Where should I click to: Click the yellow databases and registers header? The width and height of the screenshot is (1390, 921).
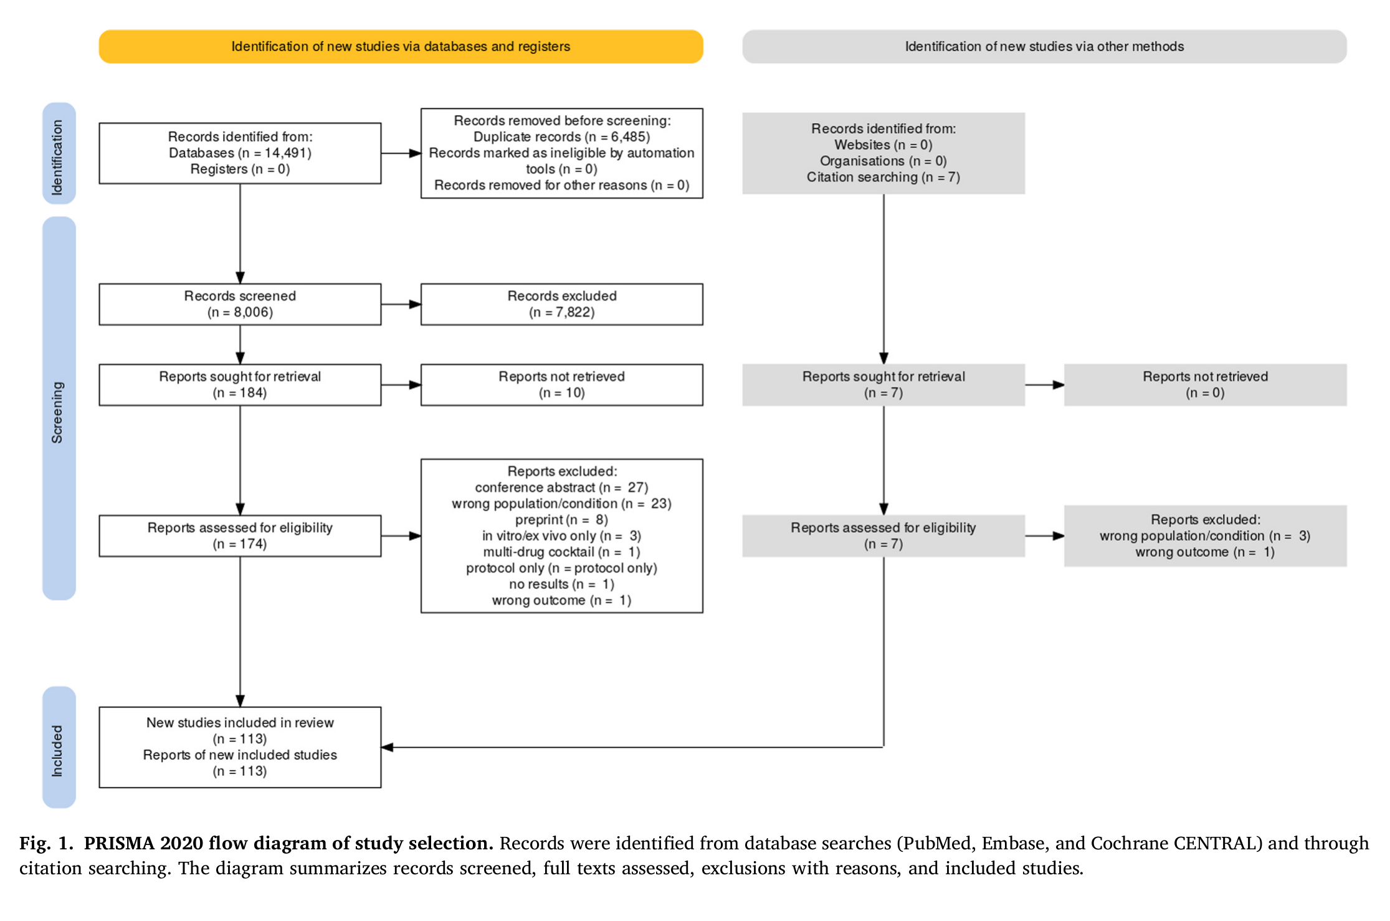point(401,46)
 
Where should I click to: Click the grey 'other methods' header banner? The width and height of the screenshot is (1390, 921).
point(1044,46)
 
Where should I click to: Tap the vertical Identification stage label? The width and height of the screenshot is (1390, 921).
point(59,153)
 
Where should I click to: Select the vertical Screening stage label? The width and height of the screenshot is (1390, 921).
point(59,408)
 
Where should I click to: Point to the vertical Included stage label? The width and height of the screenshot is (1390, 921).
point(59,747)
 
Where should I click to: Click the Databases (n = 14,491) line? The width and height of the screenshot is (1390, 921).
point(240,153)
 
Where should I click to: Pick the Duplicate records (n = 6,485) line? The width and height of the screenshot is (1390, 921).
point(561,136)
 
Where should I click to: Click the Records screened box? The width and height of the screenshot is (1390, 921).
point(240,304)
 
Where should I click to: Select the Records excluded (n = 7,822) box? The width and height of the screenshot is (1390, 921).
point(562,304)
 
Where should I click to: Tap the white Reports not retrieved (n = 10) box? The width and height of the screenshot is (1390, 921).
point(562,384)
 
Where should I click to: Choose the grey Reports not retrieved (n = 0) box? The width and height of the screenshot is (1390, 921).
point(1205,384)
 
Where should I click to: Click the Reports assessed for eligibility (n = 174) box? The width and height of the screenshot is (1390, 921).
point(240,535)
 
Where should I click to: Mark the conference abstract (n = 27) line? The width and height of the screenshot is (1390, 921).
point(561,487)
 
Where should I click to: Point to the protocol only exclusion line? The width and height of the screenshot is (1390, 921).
point(561,568)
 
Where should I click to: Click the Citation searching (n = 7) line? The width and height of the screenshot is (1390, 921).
point(883,177)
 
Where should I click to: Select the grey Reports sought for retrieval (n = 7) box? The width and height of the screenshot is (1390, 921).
point(883,384)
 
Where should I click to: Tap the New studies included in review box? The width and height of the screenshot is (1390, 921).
point(240,747)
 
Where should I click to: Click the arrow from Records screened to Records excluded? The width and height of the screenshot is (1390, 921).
point(401,304)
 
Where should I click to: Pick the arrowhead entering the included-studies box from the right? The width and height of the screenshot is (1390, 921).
point(387,747)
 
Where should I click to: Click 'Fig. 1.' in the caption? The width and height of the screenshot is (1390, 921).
point(46,843)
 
